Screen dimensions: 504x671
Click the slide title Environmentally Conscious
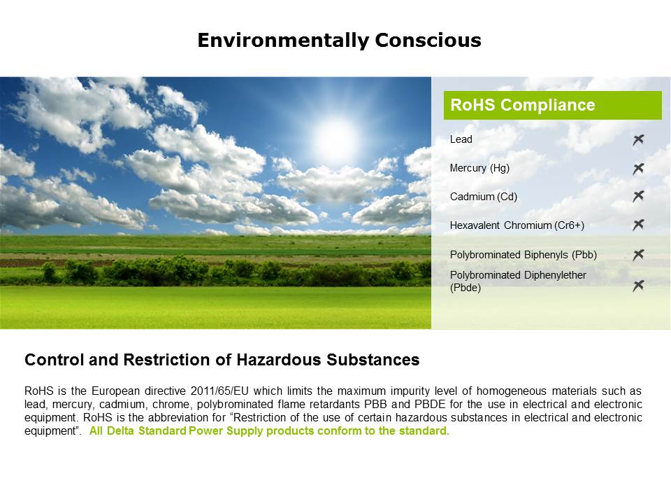pos(339,41)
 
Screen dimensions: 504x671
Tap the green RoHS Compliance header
pos(552,106)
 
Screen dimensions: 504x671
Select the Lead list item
pos(461,139)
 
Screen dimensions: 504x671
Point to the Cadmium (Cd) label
pos(484,197)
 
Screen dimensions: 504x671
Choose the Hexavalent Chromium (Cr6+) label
pos(517,225)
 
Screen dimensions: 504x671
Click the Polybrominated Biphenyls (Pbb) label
pos(523,254)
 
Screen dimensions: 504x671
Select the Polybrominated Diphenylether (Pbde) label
pos(518,281)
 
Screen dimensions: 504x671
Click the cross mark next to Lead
pos(638,140)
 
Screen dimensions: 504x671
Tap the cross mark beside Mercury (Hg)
pos(638,169)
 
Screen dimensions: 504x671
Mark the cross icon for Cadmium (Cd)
pos(638,197)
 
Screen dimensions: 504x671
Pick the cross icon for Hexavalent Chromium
pos(638,225)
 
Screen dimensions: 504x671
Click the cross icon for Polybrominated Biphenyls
pos(638,255)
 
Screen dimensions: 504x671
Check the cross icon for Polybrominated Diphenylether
pos(638,286)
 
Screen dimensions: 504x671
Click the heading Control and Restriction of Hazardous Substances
pos(222,360)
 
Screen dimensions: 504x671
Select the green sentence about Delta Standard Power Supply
pos(269,431)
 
